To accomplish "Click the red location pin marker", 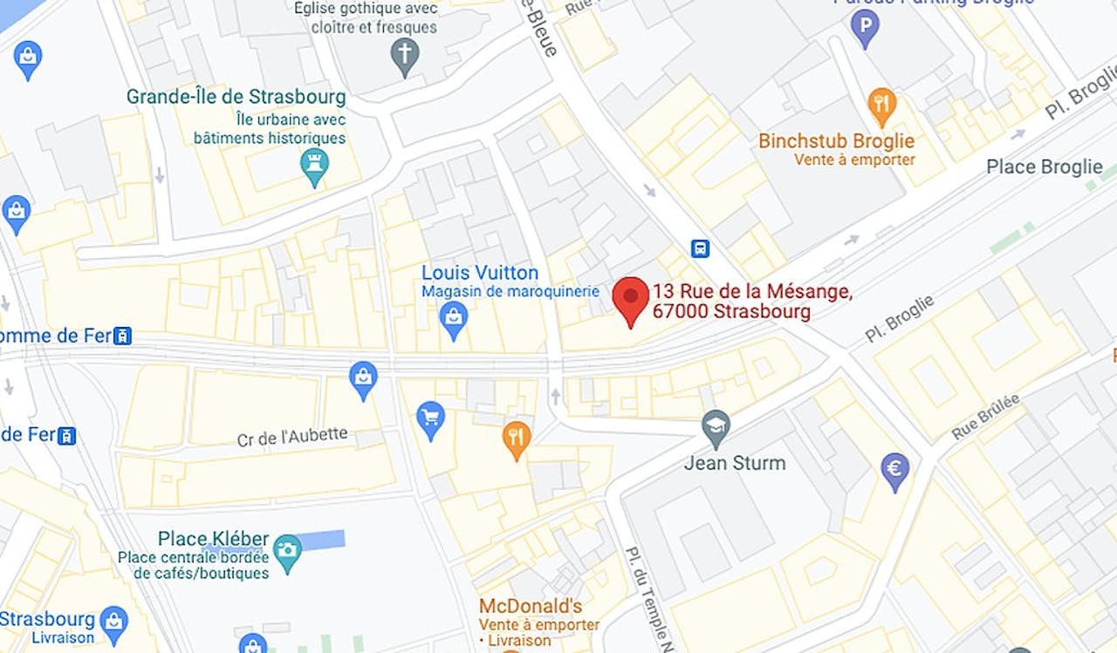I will click(630, 298).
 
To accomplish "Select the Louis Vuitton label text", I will click(479, 273).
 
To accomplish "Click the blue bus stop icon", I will click(700, 248).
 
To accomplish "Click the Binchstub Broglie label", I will click(836, 141).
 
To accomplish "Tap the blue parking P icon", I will click(865, 30).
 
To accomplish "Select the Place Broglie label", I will click(1044, 167).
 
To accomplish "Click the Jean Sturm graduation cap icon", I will click(716, 427).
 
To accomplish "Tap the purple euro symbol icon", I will click(894, 470).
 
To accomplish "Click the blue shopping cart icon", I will click(430, 418).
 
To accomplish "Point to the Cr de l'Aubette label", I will click(292, 437).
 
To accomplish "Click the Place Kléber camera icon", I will click(286, 550).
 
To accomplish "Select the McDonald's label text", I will click(530, 606).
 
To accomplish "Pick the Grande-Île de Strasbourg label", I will click(236, 97).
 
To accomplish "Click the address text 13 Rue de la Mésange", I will click(751, 291).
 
